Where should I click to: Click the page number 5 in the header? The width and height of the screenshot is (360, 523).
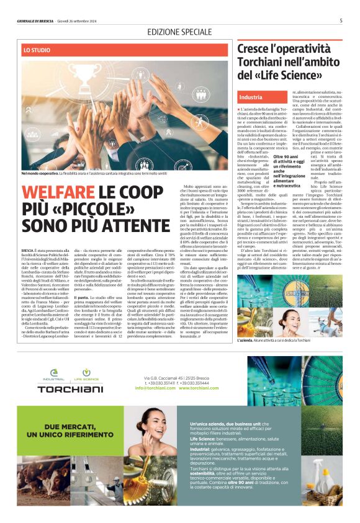341,20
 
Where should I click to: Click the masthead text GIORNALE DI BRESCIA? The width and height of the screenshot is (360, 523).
35,21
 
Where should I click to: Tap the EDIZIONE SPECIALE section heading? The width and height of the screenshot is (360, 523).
179,32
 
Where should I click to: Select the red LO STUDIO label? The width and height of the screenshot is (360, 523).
37,48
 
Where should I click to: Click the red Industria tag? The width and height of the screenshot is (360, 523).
251,97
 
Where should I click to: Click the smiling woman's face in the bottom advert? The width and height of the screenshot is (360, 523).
149,429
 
